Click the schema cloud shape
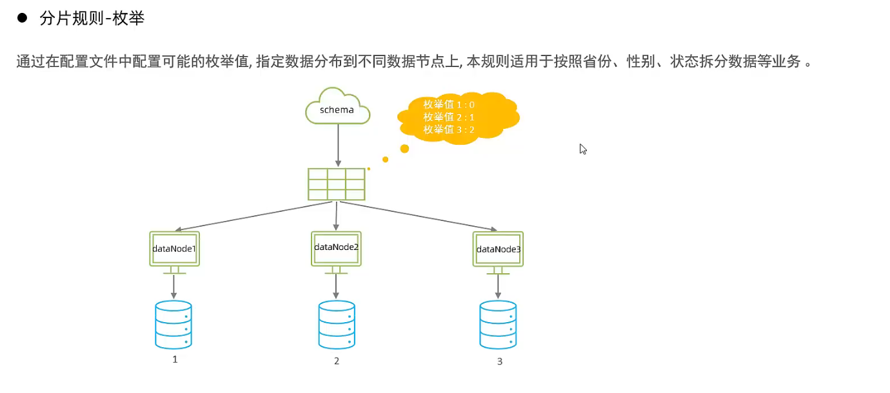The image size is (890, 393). click(337, 108)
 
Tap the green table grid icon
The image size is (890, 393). click(337, 184)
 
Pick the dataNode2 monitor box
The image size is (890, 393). click(336, 248)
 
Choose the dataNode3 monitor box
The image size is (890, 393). click(498, 249)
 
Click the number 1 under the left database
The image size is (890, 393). click(175, 359)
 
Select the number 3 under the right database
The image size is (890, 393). click(499, 361)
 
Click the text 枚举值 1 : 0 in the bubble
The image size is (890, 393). click(449, 104)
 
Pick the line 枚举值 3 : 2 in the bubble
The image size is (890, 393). click(449, 129)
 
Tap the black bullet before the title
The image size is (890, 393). click(21, 18)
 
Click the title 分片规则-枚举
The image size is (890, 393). click(92, 19)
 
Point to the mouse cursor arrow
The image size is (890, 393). click(582, 149)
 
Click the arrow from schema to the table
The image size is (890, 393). click(337, 145)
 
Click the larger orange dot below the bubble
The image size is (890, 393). click(404, 149)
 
